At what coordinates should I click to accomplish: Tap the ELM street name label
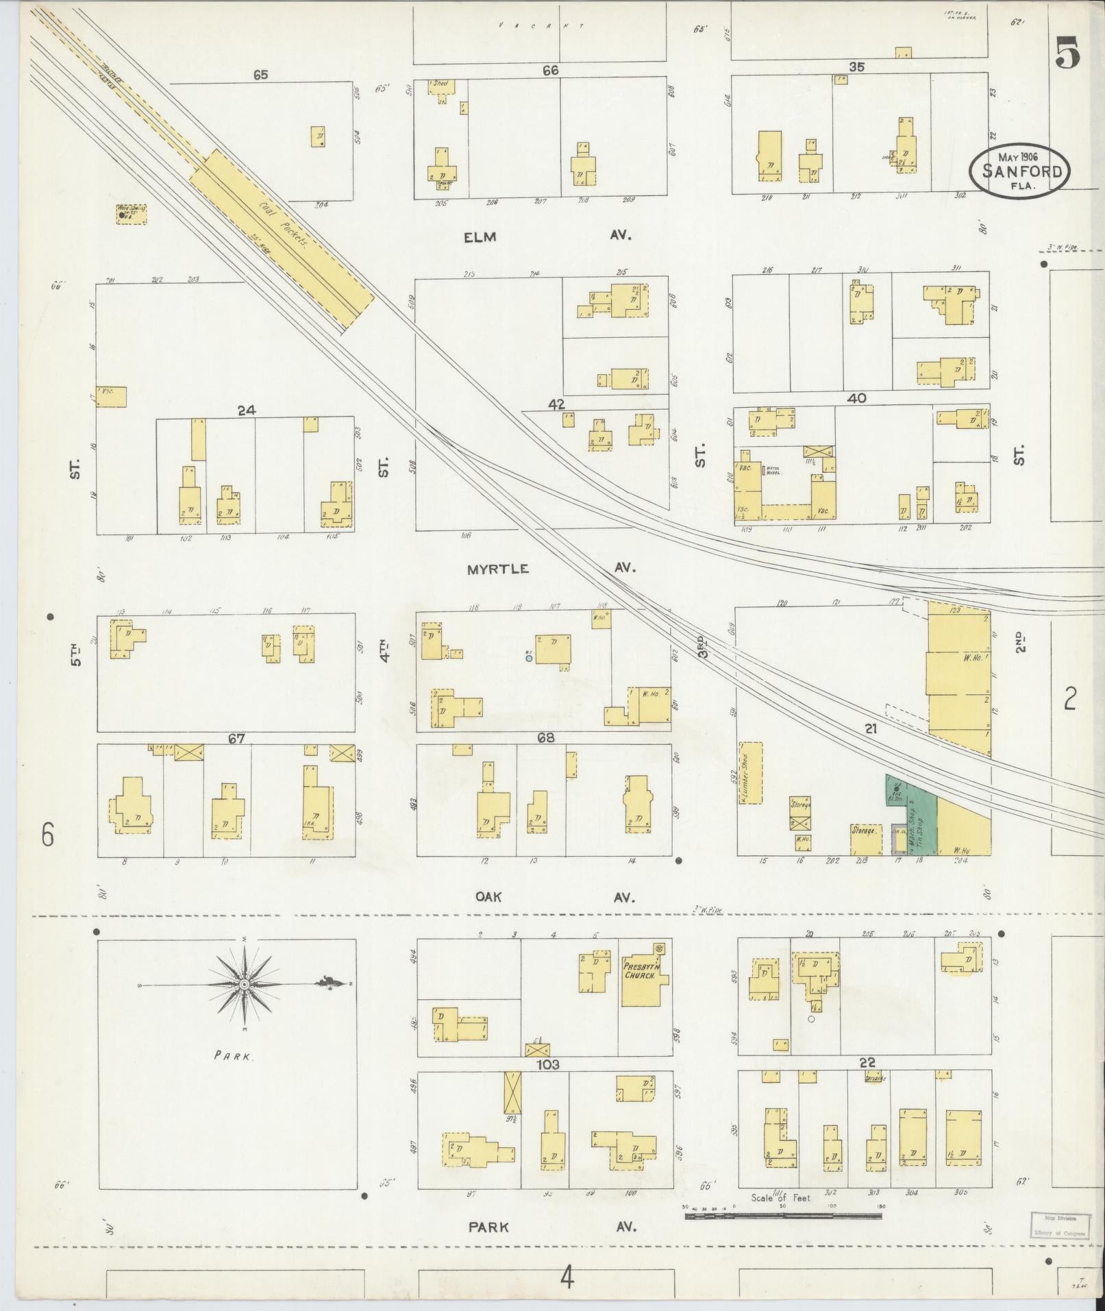pos(479,236)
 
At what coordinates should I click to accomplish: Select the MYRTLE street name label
pos(498,569)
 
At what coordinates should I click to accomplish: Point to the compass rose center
pos(245,985)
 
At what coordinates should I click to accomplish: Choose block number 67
pos(237,738)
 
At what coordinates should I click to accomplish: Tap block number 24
pos(246,411)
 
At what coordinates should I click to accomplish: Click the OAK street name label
pos(488,897)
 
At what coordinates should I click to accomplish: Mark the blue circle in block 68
pos(529,658)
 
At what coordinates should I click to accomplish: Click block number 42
pos(556,404)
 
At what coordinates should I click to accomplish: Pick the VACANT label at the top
pos(540,25)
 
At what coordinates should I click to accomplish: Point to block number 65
pos(260,75)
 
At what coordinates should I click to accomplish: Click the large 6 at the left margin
pos(47,835)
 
